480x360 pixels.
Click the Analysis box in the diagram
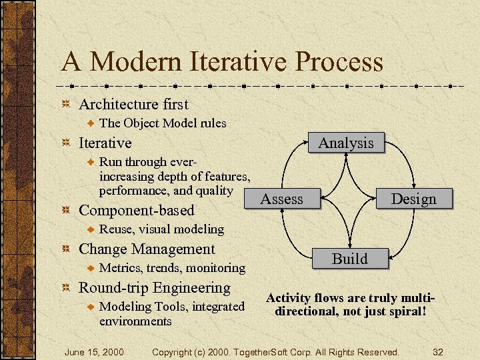[x=346, y=143]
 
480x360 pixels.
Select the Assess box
[x=281, y=199]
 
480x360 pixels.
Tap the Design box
[x=413, y=199]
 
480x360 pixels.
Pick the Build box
[x=350, y=259]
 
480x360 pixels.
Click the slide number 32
[x=438, y=351]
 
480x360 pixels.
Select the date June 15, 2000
[x=94, y=351]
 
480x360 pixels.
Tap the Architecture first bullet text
[x=133, y=104]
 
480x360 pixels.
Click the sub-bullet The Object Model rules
[x=163, y=123]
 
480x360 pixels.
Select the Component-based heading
[x=137, y=210]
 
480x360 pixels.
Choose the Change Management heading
[x=147, y=249]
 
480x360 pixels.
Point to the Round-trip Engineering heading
[x=155, y=287]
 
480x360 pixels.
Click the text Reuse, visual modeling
[x=161, y=229]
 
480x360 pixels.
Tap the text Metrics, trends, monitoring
[x=172, y=268]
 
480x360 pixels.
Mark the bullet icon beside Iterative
[x=65, y=143]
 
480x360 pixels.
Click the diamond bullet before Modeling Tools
[x=92, y=307]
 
